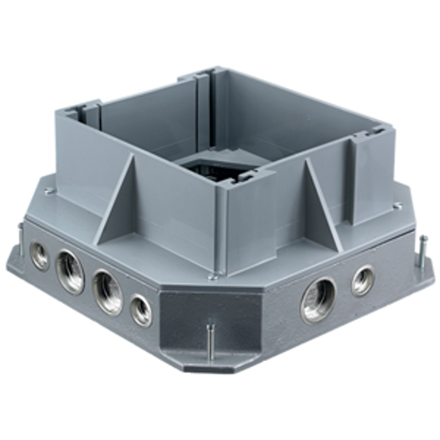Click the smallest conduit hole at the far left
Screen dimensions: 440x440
(40, 256)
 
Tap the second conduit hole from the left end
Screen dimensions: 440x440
(70, 271)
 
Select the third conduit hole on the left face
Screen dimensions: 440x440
(106, 292)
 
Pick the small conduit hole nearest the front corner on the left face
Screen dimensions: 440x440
(141, 310)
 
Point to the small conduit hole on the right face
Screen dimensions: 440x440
(363, 281)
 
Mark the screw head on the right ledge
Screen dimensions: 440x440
(397, 207)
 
